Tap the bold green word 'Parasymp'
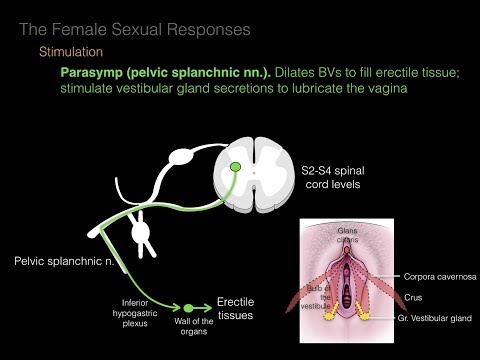click(x=96, y=74)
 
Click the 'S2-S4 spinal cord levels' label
click(x=332, y=177)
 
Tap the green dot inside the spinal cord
click(x=236, y=166)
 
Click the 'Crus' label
click(x=416, y=296)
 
